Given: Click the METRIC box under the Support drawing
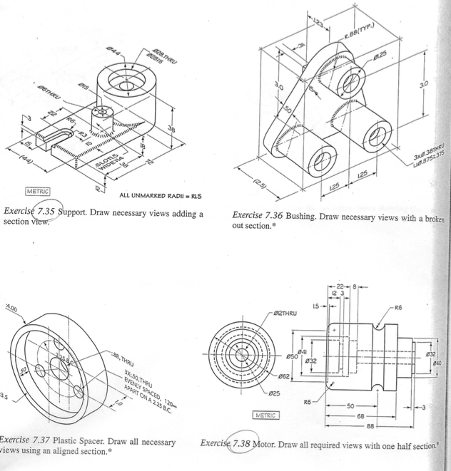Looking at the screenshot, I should pyautogui.click(x=36, y=191).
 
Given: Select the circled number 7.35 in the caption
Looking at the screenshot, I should pyautogui.click(x=51, y=212).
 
